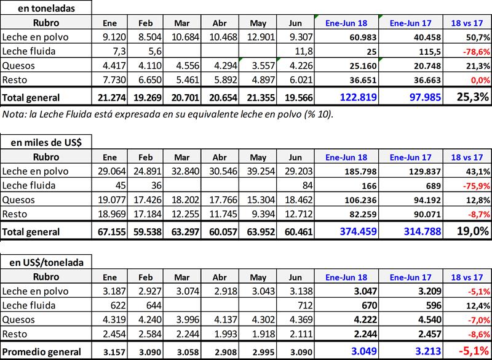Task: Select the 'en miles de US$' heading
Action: (x=47, y=142)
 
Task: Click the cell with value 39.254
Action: (x=264, y=171)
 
